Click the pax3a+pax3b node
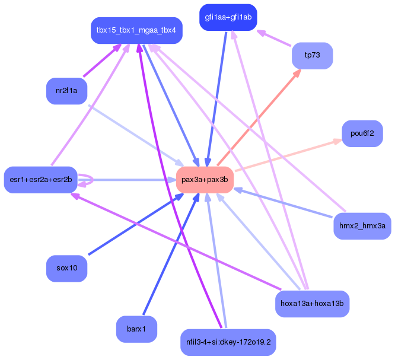[x=205, y=180]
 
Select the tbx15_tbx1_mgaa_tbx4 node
[x=136, y=30]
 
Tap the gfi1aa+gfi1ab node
[x=228, y=17]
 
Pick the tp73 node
[x=312, y=55]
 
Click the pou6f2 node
[x=362, y=133]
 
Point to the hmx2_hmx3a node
[x=362, y=226]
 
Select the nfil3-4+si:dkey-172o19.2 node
[x=228, y=342]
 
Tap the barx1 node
[x=136, y=329]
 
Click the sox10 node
[x=67, y=268]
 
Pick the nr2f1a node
[x=67, y=91]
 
